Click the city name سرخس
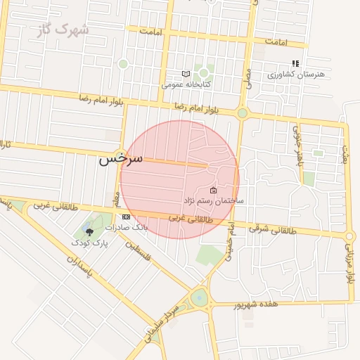(120, 158)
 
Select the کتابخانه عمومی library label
(181, 84)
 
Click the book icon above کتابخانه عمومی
(186, 74)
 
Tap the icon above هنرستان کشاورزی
(295, 63)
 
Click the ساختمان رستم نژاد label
(214, 201)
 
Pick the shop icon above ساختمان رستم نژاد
(213, 191)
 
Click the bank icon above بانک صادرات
(125, 217)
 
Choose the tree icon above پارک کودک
(89, 231)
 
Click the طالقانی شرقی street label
(274, 229)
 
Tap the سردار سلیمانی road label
(165, 322)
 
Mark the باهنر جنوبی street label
(297, 144)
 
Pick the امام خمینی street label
(229, 241)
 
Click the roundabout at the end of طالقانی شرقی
(350, 236)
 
